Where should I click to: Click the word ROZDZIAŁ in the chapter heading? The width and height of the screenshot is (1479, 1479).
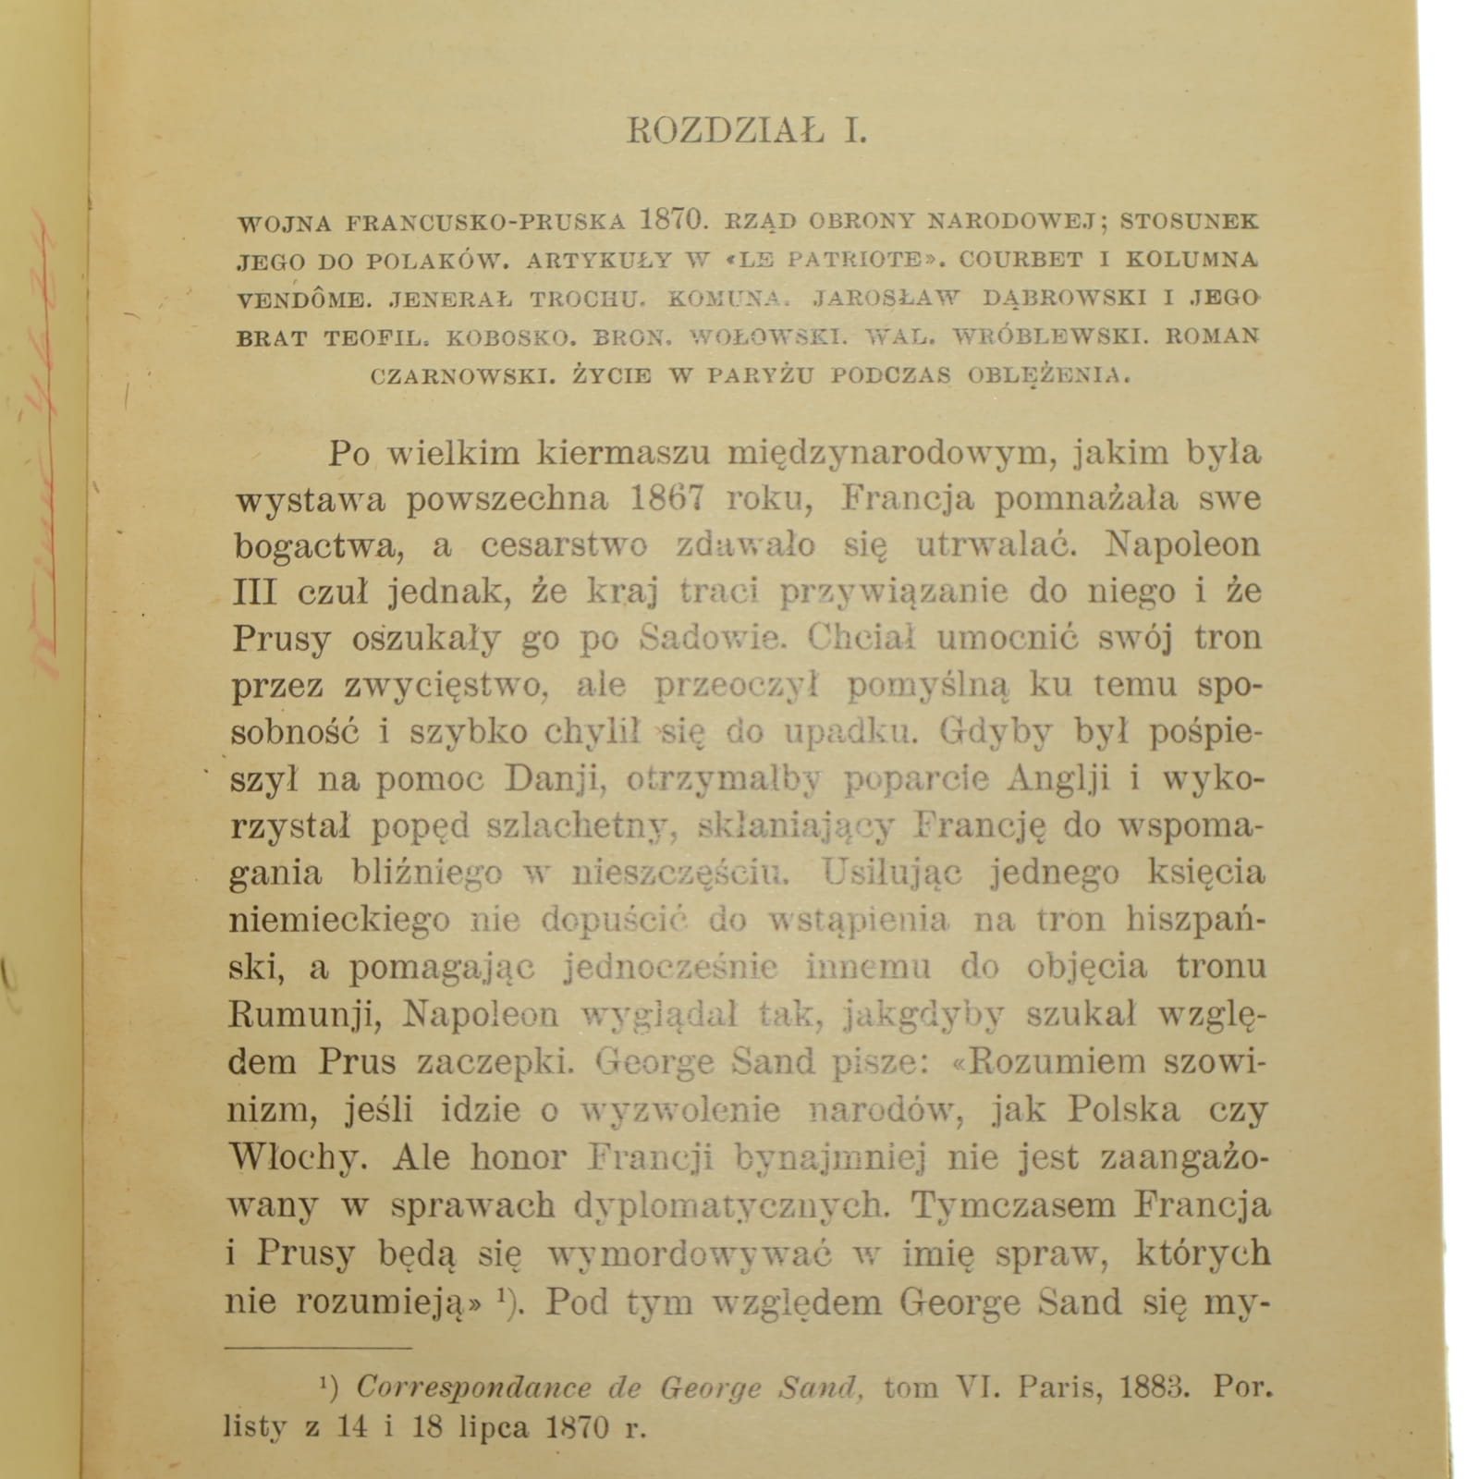click(x=726, y=131)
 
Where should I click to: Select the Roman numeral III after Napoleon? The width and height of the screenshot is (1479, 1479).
click(x=255, y=592)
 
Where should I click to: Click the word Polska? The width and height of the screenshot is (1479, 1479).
click(x=1123, y=1109)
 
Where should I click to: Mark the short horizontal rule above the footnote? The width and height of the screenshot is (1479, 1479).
click(x=319, y=1349)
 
